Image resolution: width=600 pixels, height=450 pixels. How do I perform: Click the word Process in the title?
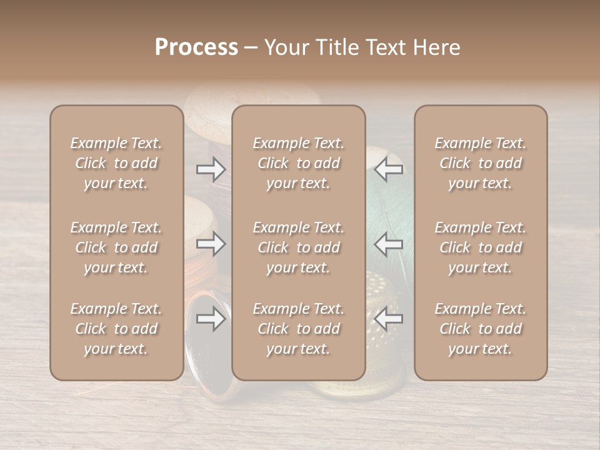point(196,47)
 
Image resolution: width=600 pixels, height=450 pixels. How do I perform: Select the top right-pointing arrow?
point(211,169)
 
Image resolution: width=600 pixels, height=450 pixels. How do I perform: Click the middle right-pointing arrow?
point(211,244)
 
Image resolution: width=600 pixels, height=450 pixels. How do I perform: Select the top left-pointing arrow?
point(389,169)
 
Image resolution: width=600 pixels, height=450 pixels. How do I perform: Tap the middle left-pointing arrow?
point(389,244)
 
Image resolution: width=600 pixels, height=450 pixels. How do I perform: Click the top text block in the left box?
point(116,163)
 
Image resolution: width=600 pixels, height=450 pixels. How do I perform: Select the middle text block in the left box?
point(116,247)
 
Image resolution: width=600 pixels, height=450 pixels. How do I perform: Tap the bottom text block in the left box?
point(116,329)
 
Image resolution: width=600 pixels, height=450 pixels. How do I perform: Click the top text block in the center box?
point(298,163)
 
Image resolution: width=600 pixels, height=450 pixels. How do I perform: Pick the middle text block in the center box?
point(298,247)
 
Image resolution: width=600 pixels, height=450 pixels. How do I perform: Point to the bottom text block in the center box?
point(298,329)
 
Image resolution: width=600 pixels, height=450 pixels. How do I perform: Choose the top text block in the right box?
point(481,163)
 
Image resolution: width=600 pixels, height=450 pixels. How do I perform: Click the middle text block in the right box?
point(481,247)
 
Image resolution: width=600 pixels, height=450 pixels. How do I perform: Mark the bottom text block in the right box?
point(481,329)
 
